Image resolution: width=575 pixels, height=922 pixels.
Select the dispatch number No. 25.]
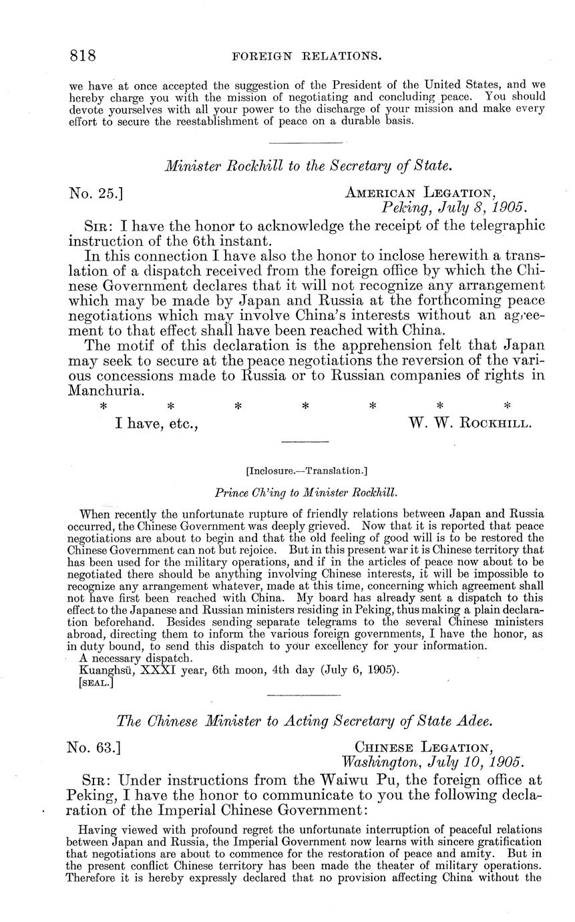click(95, 194)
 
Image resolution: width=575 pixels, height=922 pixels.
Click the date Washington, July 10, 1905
click(433, 762)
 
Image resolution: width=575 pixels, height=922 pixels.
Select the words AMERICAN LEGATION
click(420, 193)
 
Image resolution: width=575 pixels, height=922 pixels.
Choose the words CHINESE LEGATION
click(425, 747)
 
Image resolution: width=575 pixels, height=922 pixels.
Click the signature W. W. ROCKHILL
click(469, 423)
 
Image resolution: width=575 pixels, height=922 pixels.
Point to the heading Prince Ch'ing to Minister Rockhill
click(307, 492)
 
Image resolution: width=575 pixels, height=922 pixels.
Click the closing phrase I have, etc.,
click(156, 423)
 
